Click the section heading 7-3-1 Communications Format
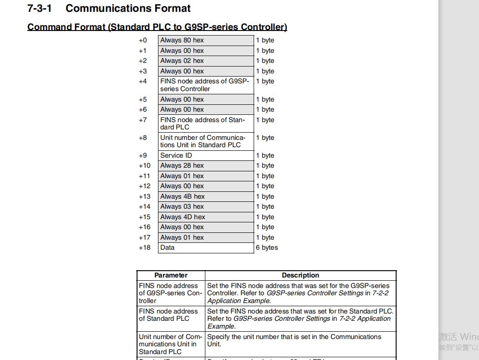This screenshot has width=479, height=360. (x=109, y=8)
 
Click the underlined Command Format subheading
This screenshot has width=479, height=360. (x=157, y=27)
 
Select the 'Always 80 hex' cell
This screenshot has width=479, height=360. (x=206, y=40)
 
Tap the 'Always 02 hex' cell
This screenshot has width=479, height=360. (x=206, y=61)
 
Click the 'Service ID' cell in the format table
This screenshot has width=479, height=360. (x=206, y=155)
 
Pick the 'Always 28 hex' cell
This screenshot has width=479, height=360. (x=206, y=165)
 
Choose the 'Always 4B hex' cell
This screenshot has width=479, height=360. (x=206, y=196)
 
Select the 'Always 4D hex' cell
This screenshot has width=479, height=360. (x=206, y=217)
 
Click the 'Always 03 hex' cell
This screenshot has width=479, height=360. (x=206, y=206)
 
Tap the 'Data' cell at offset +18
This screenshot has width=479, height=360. (x=206, y=247)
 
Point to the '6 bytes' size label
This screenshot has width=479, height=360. (x=267, y=247)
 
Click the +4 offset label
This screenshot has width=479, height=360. (x=143, y=81)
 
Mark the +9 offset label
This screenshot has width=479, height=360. (x=143, y=155)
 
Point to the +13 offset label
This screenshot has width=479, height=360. (x=145, y=196)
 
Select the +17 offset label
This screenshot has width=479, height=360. (x=145, y=237)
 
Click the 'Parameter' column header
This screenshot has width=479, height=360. (x=171, y=275)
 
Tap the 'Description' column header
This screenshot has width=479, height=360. (x=301, y=275)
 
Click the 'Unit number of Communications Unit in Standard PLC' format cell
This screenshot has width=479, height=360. (x=206, y=141)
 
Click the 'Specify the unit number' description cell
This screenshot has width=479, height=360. (x=301, y=340)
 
